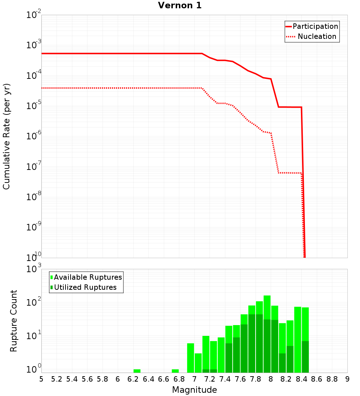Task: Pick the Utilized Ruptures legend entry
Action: (85, 287)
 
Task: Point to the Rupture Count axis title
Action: (14, 320)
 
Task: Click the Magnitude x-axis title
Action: (194, 390)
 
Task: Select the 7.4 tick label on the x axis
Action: (225, 379)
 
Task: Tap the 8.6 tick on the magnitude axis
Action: (317, 379)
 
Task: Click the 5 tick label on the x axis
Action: (41, 379)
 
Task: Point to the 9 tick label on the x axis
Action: (347, 379)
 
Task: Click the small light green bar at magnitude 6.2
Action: (137, 371)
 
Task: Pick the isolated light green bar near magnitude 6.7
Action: (175, 371)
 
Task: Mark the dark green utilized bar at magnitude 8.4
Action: (305, 356)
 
